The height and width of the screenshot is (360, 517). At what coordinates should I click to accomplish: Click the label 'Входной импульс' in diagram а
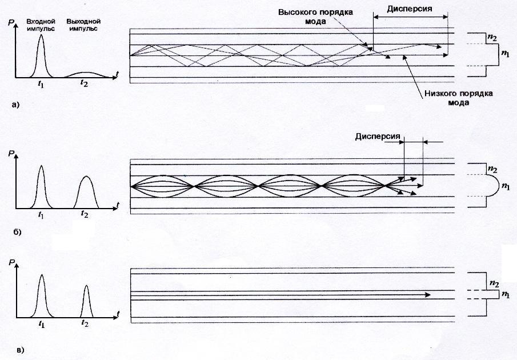click(40, 25)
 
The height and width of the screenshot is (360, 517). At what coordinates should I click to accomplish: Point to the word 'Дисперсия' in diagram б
click(376, 137)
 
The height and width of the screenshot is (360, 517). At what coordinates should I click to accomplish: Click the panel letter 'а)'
click(15, 105)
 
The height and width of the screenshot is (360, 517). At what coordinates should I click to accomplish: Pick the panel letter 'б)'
click(15, 233)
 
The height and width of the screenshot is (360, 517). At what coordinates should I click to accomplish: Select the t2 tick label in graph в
click(85, 323)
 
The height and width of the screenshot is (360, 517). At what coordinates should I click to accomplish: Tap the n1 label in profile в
click(505, 294)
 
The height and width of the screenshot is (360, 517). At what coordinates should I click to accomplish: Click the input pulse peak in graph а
click(41, 35)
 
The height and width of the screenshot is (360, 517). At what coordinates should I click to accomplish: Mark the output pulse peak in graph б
click(85, 176)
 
